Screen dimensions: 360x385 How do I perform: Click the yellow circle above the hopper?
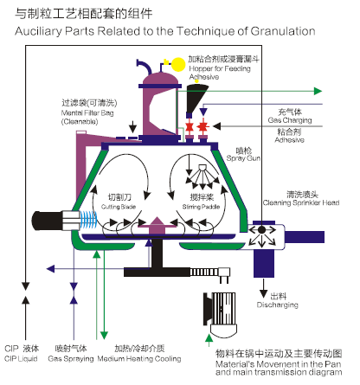[x=178, y=64]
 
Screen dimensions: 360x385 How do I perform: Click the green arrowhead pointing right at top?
[x=318, y=91]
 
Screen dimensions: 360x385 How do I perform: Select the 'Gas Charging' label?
[x=290, y=120]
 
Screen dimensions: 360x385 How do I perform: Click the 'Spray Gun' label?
[x=243, y=158]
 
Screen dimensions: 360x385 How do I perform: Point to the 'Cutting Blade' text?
[x=119, y=207]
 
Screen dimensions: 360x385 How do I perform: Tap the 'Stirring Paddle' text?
[x=201, y=207]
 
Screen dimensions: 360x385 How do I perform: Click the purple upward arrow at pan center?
[x=157, y=225]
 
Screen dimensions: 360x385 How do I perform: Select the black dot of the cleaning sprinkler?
[x=261, y=230]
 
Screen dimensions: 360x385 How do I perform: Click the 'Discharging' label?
[x=278, y=305]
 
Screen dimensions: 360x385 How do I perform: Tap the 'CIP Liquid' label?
[x=21, y=359]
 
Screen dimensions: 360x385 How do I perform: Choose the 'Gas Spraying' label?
[x=71, y=359]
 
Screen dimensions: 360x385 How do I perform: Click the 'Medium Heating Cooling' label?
[x=139, y=359]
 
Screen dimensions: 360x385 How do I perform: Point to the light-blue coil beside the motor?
[x=88, y=220]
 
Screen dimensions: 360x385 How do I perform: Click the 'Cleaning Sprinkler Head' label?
[x=301, y=202]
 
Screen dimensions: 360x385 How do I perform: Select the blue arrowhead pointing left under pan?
[x=51, y=269]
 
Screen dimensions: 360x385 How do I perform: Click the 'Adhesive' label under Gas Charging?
[x=289, y=140]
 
